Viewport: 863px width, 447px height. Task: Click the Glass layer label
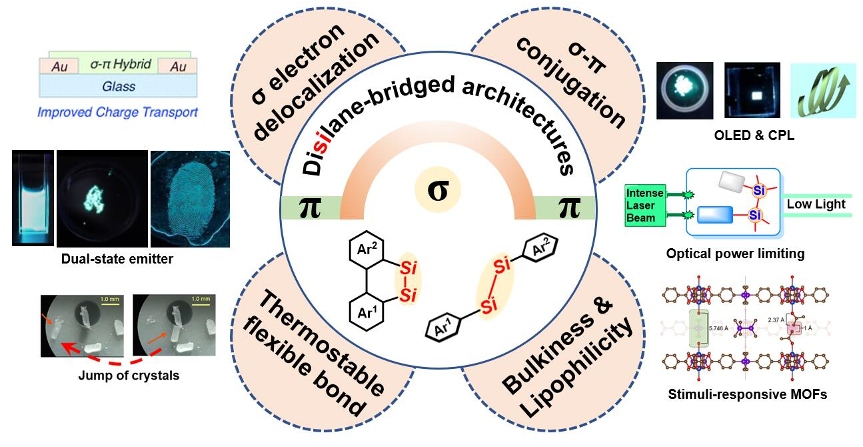click(119, 85)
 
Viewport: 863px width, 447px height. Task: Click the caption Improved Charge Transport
click(117, 111)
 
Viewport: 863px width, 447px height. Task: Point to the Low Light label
click(816, 204)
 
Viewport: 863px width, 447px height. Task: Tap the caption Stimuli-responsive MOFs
click(747, 394)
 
